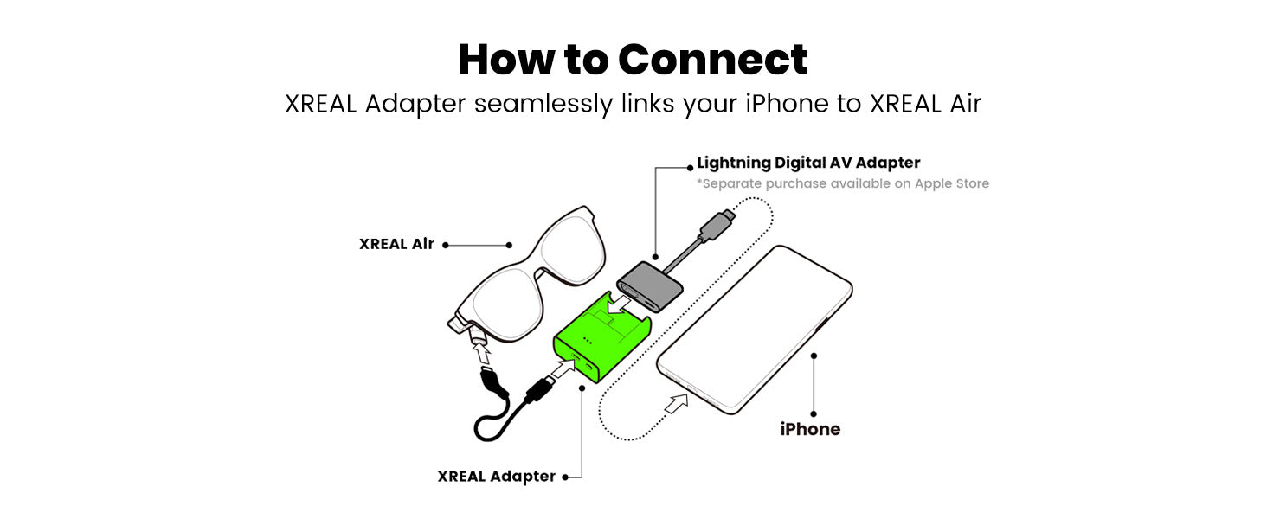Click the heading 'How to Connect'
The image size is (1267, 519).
click(633, 60)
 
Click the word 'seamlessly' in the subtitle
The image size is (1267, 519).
click(543, 104)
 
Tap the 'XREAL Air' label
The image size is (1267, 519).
click(396, 244)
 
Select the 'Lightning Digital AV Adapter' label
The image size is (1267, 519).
click(808, 163)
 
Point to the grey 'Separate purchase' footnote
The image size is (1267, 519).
click(843, 183)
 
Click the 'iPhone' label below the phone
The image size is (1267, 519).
click(810, 429)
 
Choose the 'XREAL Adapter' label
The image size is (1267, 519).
click(496, 477)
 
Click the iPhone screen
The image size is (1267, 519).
click(755, 329)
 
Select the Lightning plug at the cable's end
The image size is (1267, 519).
click(717, 224)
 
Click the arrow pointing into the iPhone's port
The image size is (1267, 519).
click(676, 403)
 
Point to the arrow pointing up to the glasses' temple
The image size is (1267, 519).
click(482, 353)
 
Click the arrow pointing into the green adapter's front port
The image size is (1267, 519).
click(563, 369)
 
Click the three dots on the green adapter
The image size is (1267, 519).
click(587, 342)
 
